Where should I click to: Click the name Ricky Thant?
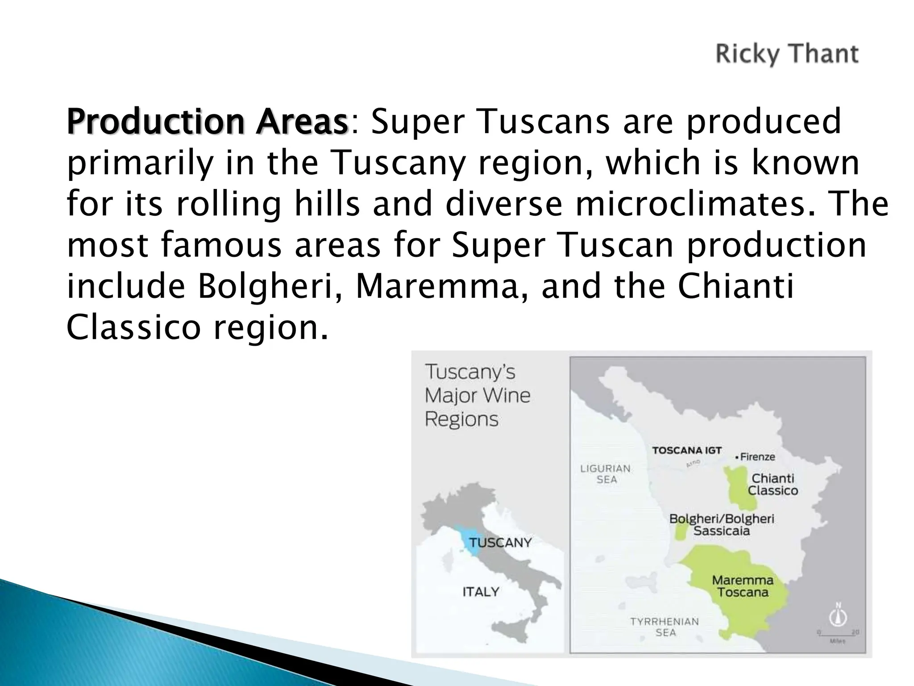coord(787,54)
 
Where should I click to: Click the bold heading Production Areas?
coord(207,121)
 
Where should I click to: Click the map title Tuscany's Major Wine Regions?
coord(477,395)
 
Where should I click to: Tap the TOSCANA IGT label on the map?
coord(687,450)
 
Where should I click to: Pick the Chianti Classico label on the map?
coord(773,485)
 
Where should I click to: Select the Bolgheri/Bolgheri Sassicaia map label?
coord(722,525)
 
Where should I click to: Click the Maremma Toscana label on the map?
coord(743,586)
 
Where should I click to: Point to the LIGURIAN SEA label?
coord(606,474)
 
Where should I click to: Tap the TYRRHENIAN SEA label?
coord(665,627)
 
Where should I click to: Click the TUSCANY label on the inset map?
coord(500,543)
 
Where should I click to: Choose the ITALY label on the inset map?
coord(481,592)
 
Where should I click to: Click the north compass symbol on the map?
coord(838,616)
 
